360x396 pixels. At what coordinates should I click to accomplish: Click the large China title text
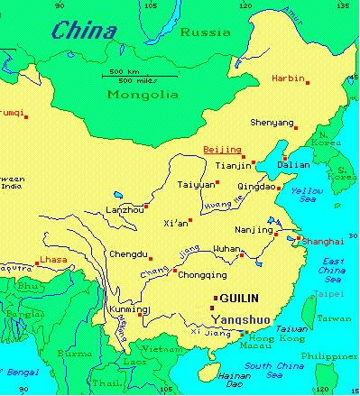click(x=84, y=32)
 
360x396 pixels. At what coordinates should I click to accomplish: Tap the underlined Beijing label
click(x=222, y=148)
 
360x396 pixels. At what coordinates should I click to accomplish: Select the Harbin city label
click(x=288, y=78)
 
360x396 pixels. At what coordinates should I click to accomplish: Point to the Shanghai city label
click(x=324, y=242)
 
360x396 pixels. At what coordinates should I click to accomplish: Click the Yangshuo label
click(x=239, y=318)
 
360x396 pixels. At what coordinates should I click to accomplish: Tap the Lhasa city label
click(x=53, y=261)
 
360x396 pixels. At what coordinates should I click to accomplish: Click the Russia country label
click(x=199, y=32)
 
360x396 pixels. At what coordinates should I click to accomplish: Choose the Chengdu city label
click(x=126, y=255)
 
